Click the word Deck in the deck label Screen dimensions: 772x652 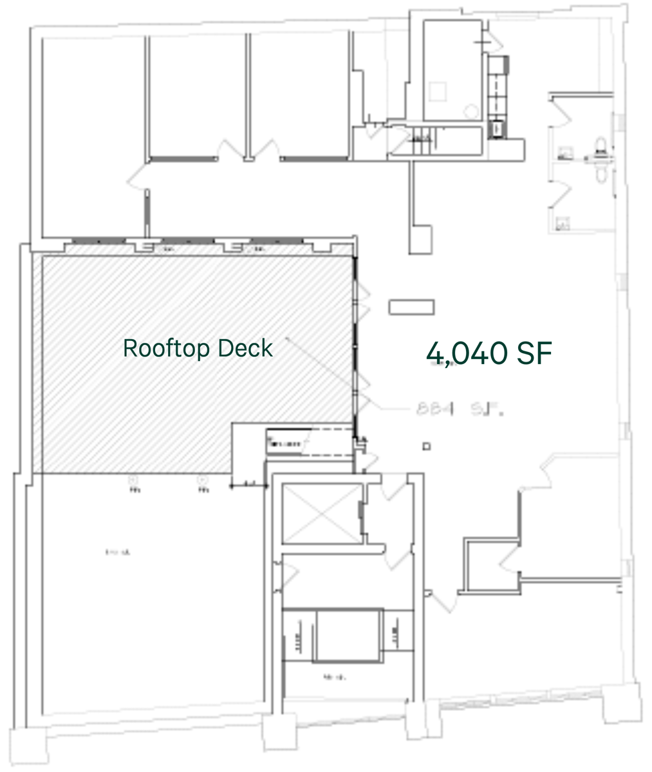(245, 348)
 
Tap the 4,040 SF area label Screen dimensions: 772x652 (489, 353)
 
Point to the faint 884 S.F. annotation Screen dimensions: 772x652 (459, 409)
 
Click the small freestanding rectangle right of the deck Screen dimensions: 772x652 (411, 307)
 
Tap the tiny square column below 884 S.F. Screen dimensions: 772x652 (426, 446)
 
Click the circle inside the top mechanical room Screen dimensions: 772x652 (472, 111)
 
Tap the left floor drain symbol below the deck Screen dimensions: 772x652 (134, 479)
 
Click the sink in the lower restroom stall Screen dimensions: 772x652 (564, 223)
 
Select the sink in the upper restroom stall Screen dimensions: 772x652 (564, 152)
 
